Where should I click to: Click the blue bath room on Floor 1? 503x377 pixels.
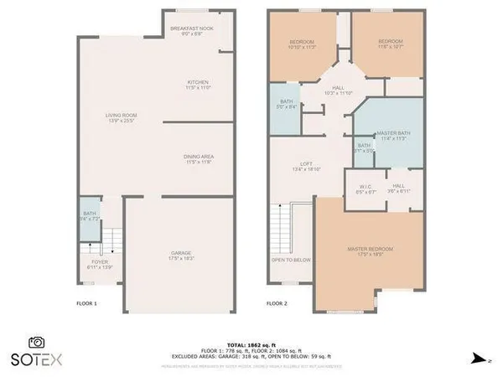(89, 216)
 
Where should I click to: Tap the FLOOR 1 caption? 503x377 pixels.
(87, 303)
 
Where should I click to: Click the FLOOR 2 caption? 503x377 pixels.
(277, 303)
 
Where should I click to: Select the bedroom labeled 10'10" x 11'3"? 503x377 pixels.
(302, 44)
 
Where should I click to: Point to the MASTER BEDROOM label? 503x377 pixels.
(370, 250)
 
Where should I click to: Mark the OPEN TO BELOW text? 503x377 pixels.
(291, 260)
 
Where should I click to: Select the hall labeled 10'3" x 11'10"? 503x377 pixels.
(338, 88)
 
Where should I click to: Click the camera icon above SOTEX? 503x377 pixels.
(36, 342)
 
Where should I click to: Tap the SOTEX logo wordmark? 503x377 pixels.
(35, 359)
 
